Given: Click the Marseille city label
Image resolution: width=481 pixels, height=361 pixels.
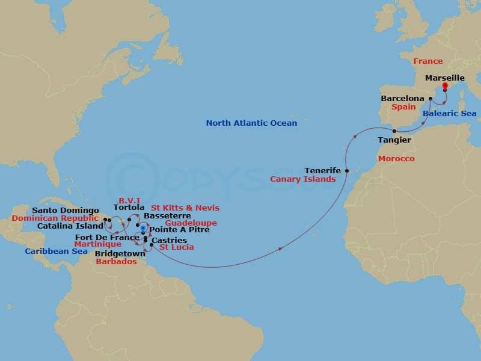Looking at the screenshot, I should pos(444,78).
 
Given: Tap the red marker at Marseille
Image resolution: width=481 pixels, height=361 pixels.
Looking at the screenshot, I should pos(445,87).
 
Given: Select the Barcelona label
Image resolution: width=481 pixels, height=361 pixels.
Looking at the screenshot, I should pos(402,98).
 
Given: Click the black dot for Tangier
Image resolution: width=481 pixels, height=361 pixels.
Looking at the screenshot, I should pos(394,131).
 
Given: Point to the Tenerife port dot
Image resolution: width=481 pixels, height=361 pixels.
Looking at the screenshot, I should pos(347,171).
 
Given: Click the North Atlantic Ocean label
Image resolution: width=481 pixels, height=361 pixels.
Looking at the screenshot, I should pos(251,123).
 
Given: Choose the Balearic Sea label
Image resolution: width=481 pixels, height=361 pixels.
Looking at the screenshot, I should pos(449,114).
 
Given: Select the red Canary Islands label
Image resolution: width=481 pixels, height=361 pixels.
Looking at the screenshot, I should pos(302,179).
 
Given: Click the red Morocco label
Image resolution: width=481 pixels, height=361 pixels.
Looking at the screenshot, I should pos(396,158).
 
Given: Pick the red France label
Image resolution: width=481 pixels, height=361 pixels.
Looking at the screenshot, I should pos(427,61).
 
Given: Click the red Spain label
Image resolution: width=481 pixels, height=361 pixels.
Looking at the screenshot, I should pos(404,107).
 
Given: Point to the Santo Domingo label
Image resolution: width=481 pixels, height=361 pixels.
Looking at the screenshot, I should pos(66,210).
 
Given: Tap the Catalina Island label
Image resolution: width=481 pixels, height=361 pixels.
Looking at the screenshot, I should pos(70,226).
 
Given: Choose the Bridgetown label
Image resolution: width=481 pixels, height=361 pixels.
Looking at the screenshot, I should pos(120,254).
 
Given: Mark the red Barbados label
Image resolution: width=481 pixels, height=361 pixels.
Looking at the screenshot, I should pos(116,262).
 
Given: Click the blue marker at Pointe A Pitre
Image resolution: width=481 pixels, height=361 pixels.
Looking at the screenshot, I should pos(142,229).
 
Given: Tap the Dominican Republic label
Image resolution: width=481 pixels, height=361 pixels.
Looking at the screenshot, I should pos(55,218).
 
